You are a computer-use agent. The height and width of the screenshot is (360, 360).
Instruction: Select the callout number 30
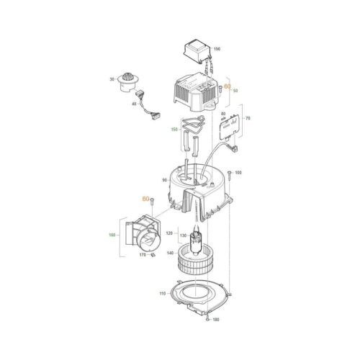pyautogui.click(x=112, y=79)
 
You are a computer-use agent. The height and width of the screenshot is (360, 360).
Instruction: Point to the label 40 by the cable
pyautogui.click(x=132, y=106)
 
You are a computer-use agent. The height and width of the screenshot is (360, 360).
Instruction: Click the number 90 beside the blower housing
pyautogui.click(x=164, y=180)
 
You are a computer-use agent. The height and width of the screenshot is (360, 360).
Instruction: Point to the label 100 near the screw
pyautogui.click(x=238, y=174)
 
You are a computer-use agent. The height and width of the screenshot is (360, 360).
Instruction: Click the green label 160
pyautogui.click(x=112, y=235)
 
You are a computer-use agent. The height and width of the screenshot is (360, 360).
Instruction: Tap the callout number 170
pyautogui.click(x=142, y=254)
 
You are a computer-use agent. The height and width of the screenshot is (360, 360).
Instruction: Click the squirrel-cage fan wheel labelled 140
pyautogui.click(x=197, y=256)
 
